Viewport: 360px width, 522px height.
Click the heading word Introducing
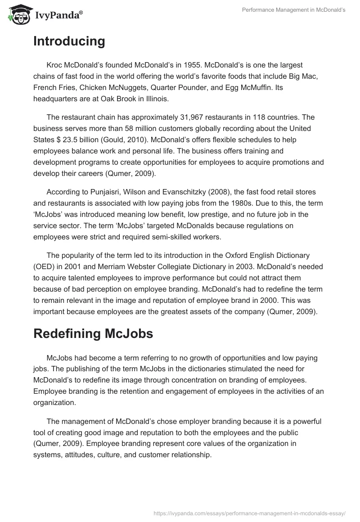69,41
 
